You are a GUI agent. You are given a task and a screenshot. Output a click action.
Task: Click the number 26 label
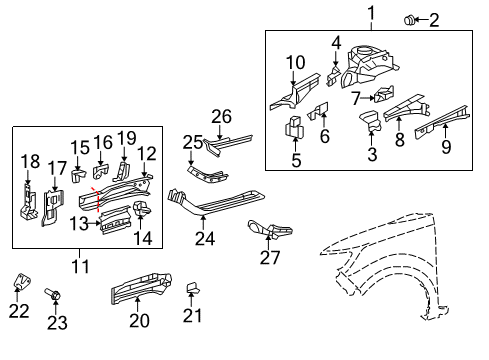pos(221,116)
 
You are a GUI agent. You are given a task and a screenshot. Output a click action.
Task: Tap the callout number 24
pos(205,239)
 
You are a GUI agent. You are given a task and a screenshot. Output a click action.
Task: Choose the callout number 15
pos(79,147)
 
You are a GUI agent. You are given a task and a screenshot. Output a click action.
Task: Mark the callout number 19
pos(126,137)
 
